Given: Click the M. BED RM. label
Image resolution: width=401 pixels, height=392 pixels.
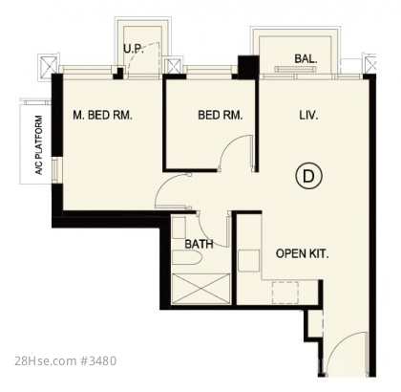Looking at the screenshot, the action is point(102,115).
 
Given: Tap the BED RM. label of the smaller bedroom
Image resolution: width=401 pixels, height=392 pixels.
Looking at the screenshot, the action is point(221,115).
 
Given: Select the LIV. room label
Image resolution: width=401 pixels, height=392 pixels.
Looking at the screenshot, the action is point(308,115).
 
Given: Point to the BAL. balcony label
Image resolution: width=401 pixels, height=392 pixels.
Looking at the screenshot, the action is point(306,58).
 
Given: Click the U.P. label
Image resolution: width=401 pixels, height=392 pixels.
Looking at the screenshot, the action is point(134,49).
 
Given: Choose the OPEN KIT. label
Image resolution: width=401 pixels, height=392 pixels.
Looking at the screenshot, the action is point(302,253).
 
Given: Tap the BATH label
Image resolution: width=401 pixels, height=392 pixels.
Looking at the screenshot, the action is point(199,244).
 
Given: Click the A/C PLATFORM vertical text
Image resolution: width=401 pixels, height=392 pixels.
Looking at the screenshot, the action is point(39,145).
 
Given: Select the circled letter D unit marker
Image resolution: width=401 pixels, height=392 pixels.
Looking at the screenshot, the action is point(308,176).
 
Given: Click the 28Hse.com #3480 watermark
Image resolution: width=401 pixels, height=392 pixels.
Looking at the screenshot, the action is point(66,361).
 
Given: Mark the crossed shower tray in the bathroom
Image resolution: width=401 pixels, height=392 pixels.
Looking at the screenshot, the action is point(200,289).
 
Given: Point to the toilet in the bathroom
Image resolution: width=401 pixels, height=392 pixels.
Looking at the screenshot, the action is point(186,257).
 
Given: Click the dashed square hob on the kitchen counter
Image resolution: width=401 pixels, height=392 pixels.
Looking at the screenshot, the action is point(285,293).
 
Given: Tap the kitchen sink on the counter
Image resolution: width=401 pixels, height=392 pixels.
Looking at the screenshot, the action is point(249,261).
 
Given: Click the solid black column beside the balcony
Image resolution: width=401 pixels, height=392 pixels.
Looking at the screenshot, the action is point(248,67).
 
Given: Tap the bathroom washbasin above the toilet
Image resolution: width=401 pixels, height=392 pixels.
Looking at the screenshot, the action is point(179,228).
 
